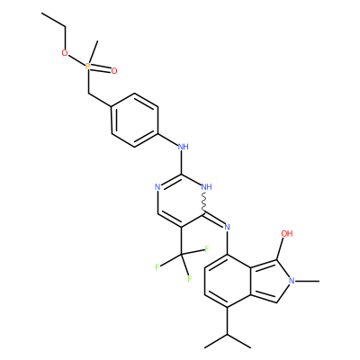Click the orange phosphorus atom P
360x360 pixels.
87,66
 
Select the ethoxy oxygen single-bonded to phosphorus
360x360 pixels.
65,53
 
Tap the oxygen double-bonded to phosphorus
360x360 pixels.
114,71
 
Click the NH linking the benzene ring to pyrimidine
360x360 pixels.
183,147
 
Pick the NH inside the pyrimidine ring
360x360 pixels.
206,187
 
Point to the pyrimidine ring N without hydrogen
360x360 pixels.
157,187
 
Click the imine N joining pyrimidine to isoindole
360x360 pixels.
227,227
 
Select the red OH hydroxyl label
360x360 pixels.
287,233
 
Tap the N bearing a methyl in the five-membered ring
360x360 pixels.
292,281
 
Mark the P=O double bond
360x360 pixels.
101,69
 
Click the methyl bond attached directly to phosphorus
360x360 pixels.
93,51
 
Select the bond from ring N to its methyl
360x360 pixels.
307,281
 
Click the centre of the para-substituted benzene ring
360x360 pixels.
135,120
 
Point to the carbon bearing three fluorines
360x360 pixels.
182,255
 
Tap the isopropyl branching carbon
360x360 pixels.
227,335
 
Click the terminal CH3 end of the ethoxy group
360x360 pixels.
42,13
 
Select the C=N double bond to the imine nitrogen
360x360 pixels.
214,220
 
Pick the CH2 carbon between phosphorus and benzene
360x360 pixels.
88,93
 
